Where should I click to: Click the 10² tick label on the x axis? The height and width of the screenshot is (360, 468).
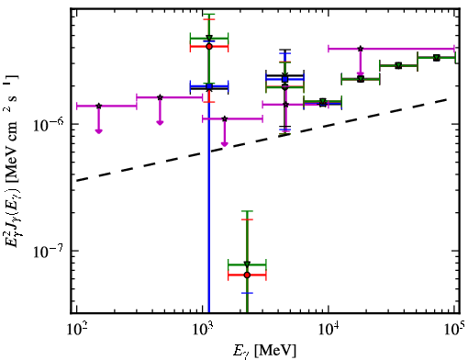pyautogui.click(x=76, y=329)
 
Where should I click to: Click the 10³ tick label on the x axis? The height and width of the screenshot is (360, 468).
pyautogui.click(x=203, y=329)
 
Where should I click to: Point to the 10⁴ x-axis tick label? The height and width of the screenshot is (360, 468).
pyautogui.click(x=329, y=329)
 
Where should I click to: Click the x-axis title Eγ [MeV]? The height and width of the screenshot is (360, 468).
pyautogui.click(x=264, y=351)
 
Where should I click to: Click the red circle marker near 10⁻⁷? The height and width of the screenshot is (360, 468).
pyautogui.click(x=247, y=275)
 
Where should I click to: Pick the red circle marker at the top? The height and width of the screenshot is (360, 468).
pyautogui.click(x=209, y=47)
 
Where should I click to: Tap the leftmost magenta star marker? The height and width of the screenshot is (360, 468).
pyautogui.click(x=98, y=106)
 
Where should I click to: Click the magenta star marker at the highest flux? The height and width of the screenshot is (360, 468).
pyautogui.click(x=361, y=49)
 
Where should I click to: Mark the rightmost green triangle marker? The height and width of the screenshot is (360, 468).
pyautogui.click(x=437, y=58)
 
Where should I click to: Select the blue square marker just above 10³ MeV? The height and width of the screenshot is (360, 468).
pyautogui.click(x=209, y=86)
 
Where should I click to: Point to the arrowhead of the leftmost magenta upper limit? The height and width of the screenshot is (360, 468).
pyautogui.click(x=98, y=131)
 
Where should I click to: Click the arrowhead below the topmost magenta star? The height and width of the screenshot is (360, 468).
pyautogui.click(x=361, y=73)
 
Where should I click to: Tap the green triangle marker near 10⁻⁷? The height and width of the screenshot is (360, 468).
pyautogui.click(x=247, y=264)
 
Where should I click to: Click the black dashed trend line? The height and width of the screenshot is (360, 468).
pyautogui.click(x=262, y=141)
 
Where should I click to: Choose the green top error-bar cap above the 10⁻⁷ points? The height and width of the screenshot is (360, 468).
pyautogui.click(x=247, y=211)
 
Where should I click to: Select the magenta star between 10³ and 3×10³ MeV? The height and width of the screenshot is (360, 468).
pyautogui.click(x=225, y=118)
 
